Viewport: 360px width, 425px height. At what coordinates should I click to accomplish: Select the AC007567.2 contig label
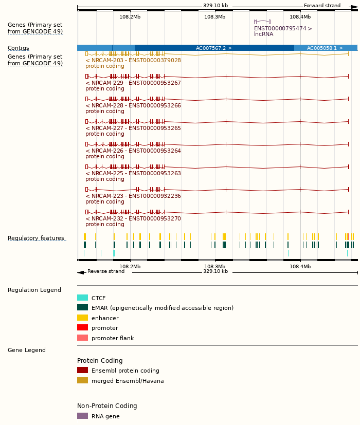pyautogui.click(x=213, y=48)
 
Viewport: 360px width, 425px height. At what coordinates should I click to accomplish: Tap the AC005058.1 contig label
pyautogui.click(x=325, y=48)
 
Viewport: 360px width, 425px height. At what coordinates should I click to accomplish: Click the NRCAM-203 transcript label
pyautogui.click(x=133, y=60)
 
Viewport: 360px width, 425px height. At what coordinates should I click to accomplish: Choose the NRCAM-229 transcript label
pyautogui.click(x=133, y=83)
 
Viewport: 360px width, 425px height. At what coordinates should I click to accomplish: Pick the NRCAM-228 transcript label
pyautogui.click(x=133, y=105)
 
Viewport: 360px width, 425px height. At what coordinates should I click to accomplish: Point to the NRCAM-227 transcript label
pyautogui.click(x=133, y=128)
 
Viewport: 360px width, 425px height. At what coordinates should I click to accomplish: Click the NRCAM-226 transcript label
pyautogui.click(x=133, y=151)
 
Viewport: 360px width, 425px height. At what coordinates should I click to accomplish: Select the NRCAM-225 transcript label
pyautogui.click(x=133, y=173)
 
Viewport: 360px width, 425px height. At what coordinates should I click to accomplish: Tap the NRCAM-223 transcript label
pyautogui.click(x=133, y=196)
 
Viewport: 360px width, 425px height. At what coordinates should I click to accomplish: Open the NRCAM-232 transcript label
pyautogui.click(x=133, y=218)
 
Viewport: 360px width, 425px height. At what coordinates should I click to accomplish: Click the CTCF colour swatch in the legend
pyautogui.click(x=82, y=298)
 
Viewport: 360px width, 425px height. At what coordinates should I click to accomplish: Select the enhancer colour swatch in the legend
pyautogui.click(x=82, y=318)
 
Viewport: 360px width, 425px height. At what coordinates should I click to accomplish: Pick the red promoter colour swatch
pyautogui.click(x=82, y=327)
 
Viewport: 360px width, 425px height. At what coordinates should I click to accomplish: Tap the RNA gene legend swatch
pyautogui.click(x=82, y=416)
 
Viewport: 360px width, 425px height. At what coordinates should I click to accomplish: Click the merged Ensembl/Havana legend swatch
pyautogui.click(x=82, y=380)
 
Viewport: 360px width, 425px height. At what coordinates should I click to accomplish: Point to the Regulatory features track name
pyautogui.click(x=36, y=238)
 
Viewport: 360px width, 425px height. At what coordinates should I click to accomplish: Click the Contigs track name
pyautogui.click(x=19, y=48)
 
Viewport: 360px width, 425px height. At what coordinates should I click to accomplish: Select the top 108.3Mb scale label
pyautogui.click(x=214, y=16)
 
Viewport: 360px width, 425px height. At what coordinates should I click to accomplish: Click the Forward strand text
pyautogui.click(x=322, y=6)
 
